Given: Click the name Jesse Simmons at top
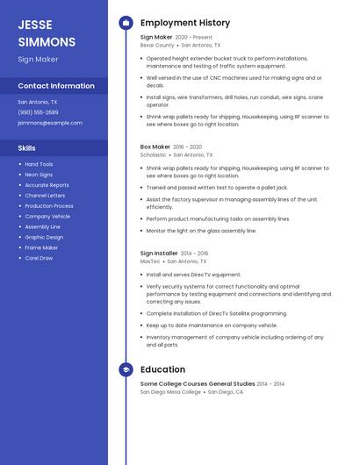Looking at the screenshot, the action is click(47, 32).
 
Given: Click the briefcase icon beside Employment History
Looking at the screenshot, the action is click(126, 23).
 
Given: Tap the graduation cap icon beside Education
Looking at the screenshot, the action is click(126, 370).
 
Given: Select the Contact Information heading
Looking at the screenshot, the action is click(56, 86).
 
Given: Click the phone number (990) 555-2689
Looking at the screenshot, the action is click(38, 112).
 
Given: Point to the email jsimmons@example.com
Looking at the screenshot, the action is click(44, 123).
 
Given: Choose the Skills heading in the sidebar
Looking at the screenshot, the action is click(26, 148).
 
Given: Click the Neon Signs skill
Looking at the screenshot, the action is click(39, 175).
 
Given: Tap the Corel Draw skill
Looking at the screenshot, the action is click(39, 258).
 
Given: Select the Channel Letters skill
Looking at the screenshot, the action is click(45, 196).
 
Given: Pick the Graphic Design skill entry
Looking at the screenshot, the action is click(44, 237).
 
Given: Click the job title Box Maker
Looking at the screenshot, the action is click(155, 147).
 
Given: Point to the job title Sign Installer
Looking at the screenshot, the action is click(159, 254).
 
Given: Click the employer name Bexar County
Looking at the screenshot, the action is click(157, 45).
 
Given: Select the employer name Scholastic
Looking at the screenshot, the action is click(153, 154).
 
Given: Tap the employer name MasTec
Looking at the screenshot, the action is click(150, 261).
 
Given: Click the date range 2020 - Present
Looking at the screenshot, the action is click(194, 38).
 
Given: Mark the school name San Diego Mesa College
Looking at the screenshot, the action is click(170, 391).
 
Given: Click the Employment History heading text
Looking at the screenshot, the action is click(185, 23).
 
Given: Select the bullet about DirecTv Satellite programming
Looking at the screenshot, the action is click(216, 313).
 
